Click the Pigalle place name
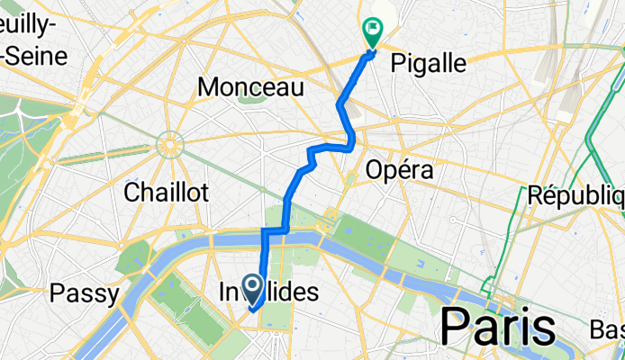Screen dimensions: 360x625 pos(429,63)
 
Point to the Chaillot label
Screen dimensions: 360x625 pos(166,192)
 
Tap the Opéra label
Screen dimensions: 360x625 pos(400,169)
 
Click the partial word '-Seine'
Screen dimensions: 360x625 pos(35,56)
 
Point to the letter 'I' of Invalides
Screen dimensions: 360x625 pos(223,292)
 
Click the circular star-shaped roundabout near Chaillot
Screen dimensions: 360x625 pos(169,142)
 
